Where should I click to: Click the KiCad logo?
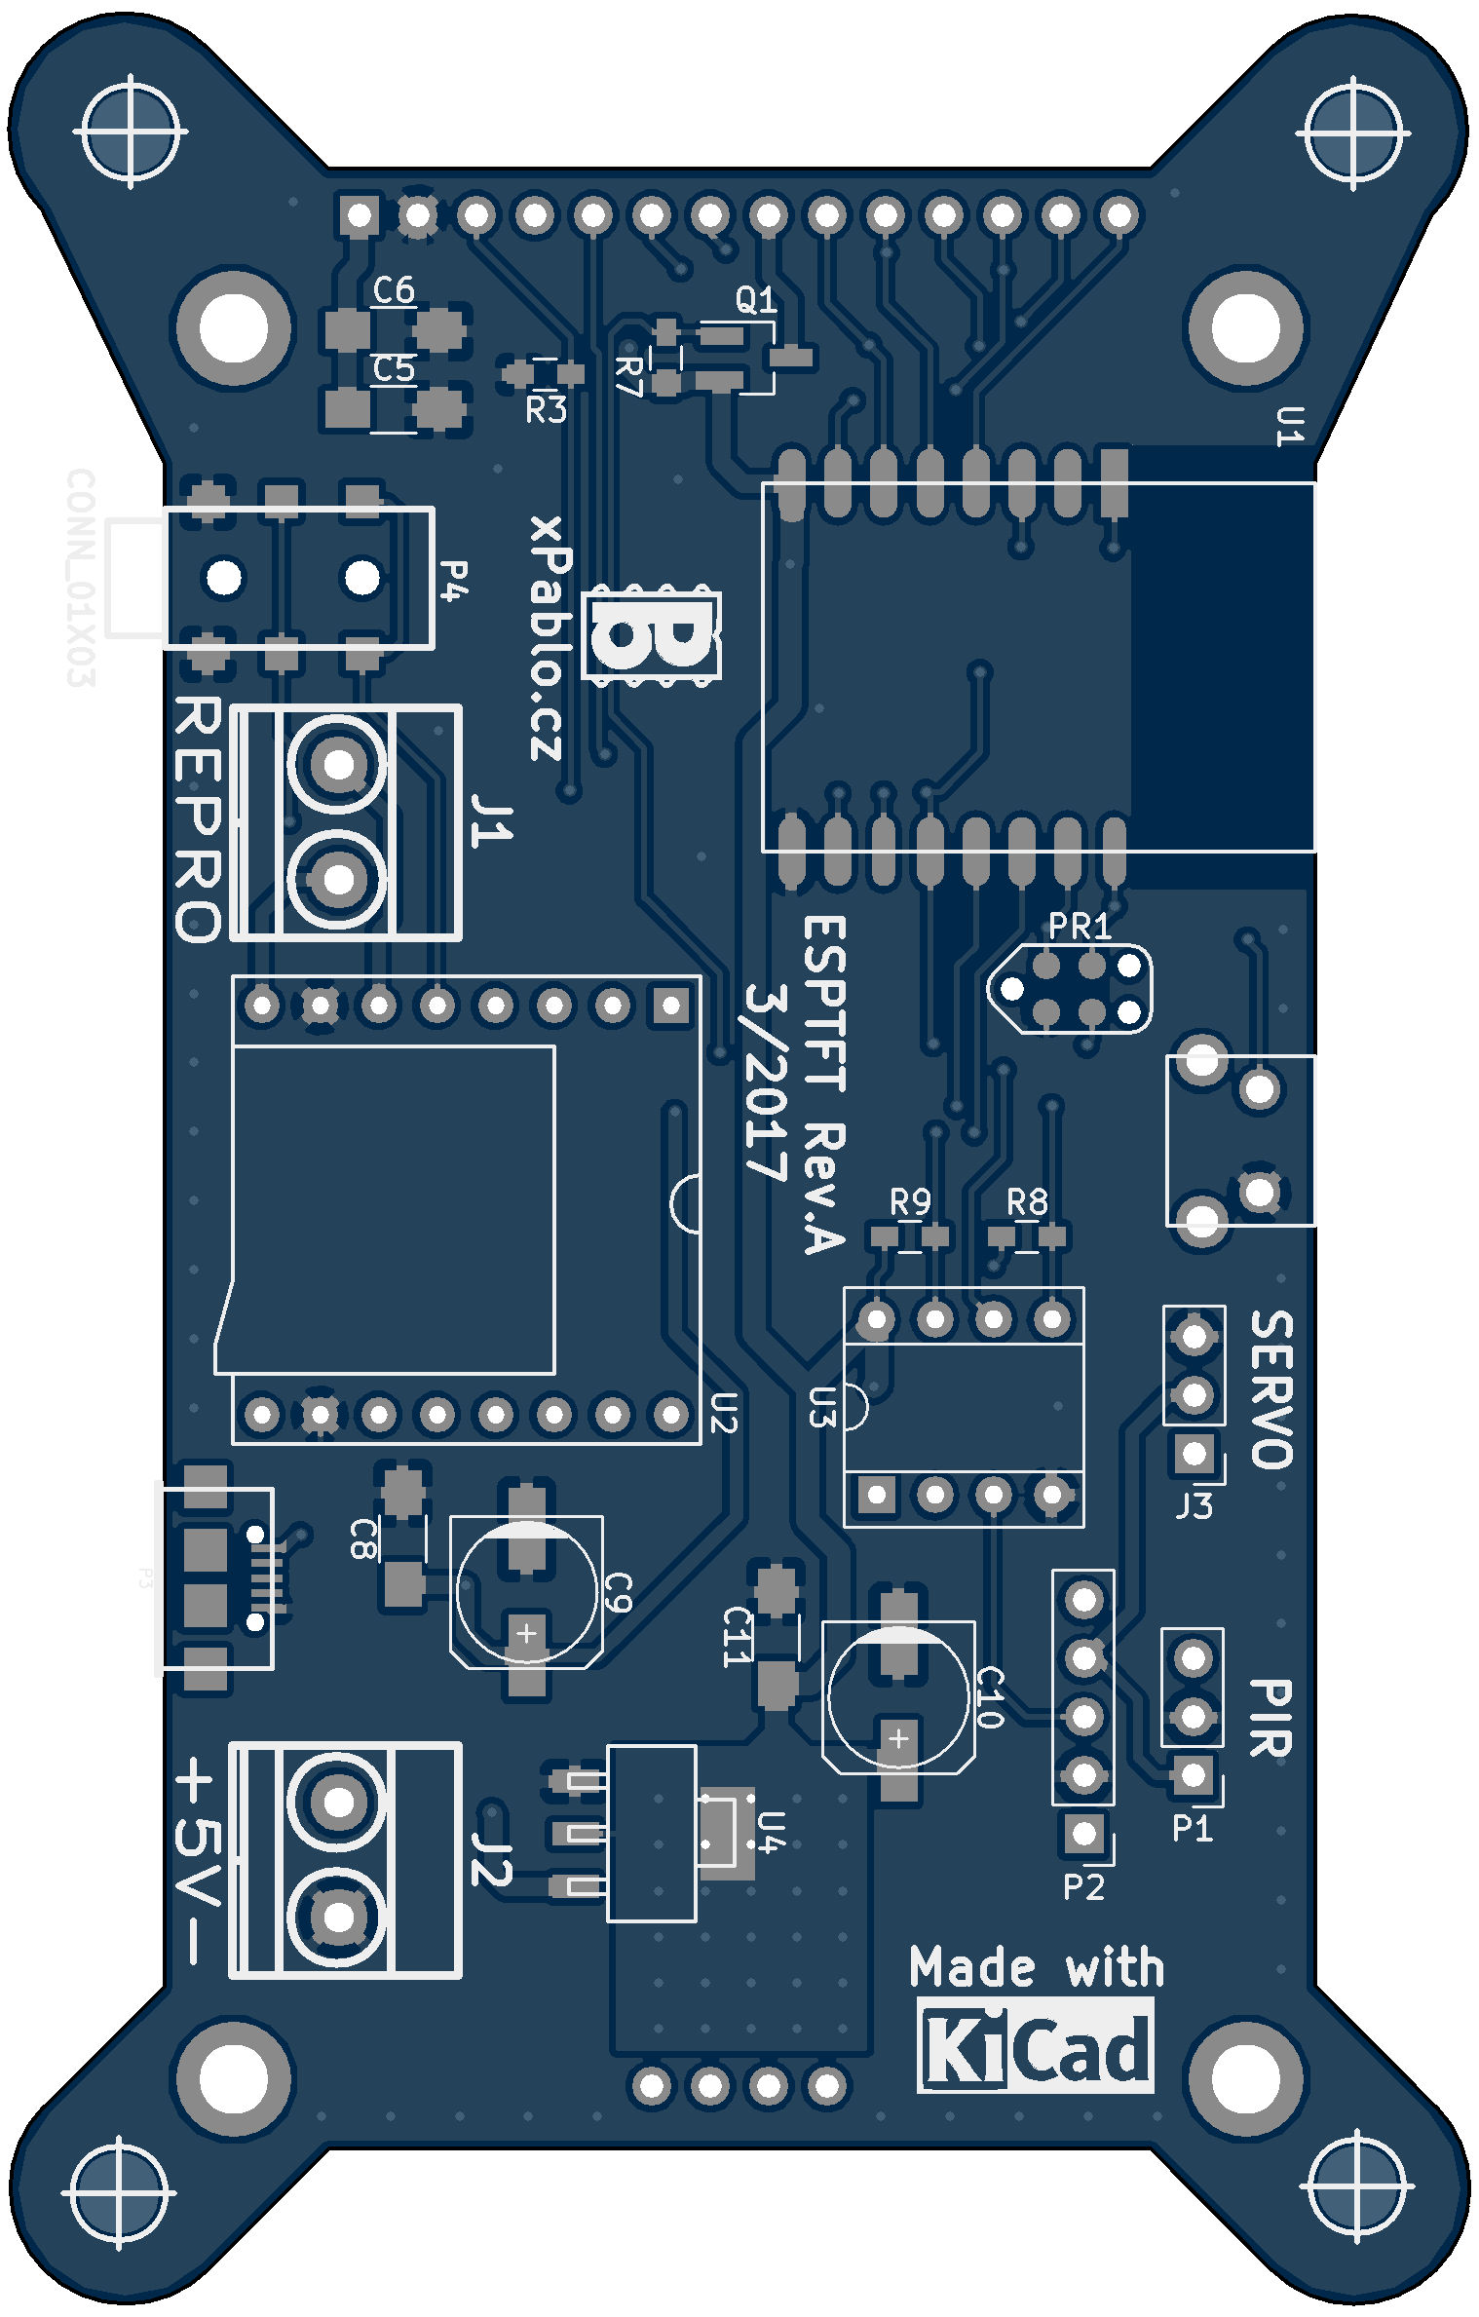coord(1036,2046)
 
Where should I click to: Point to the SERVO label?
coord(1271,1388)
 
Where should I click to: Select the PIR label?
coord(1271,1719)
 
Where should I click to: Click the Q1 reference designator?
coord(756,300)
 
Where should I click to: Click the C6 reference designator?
coord(394,290)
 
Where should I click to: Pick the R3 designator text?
coord(546,410)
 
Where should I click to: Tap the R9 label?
coord(910,1202)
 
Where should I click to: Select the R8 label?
coord(1027,1202)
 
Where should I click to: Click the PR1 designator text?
coord(1080,927)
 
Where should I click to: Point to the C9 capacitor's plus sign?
coord(526,1633)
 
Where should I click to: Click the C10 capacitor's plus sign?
coord(898,1737)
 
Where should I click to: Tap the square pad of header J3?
coord(1194,1454)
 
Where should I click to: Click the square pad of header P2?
coord(1082,1834)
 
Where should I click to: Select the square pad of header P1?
coord(1193,1774)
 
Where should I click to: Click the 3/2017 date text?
coord(765,1082)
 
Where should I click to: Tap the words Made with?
coord(1037,1967)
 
